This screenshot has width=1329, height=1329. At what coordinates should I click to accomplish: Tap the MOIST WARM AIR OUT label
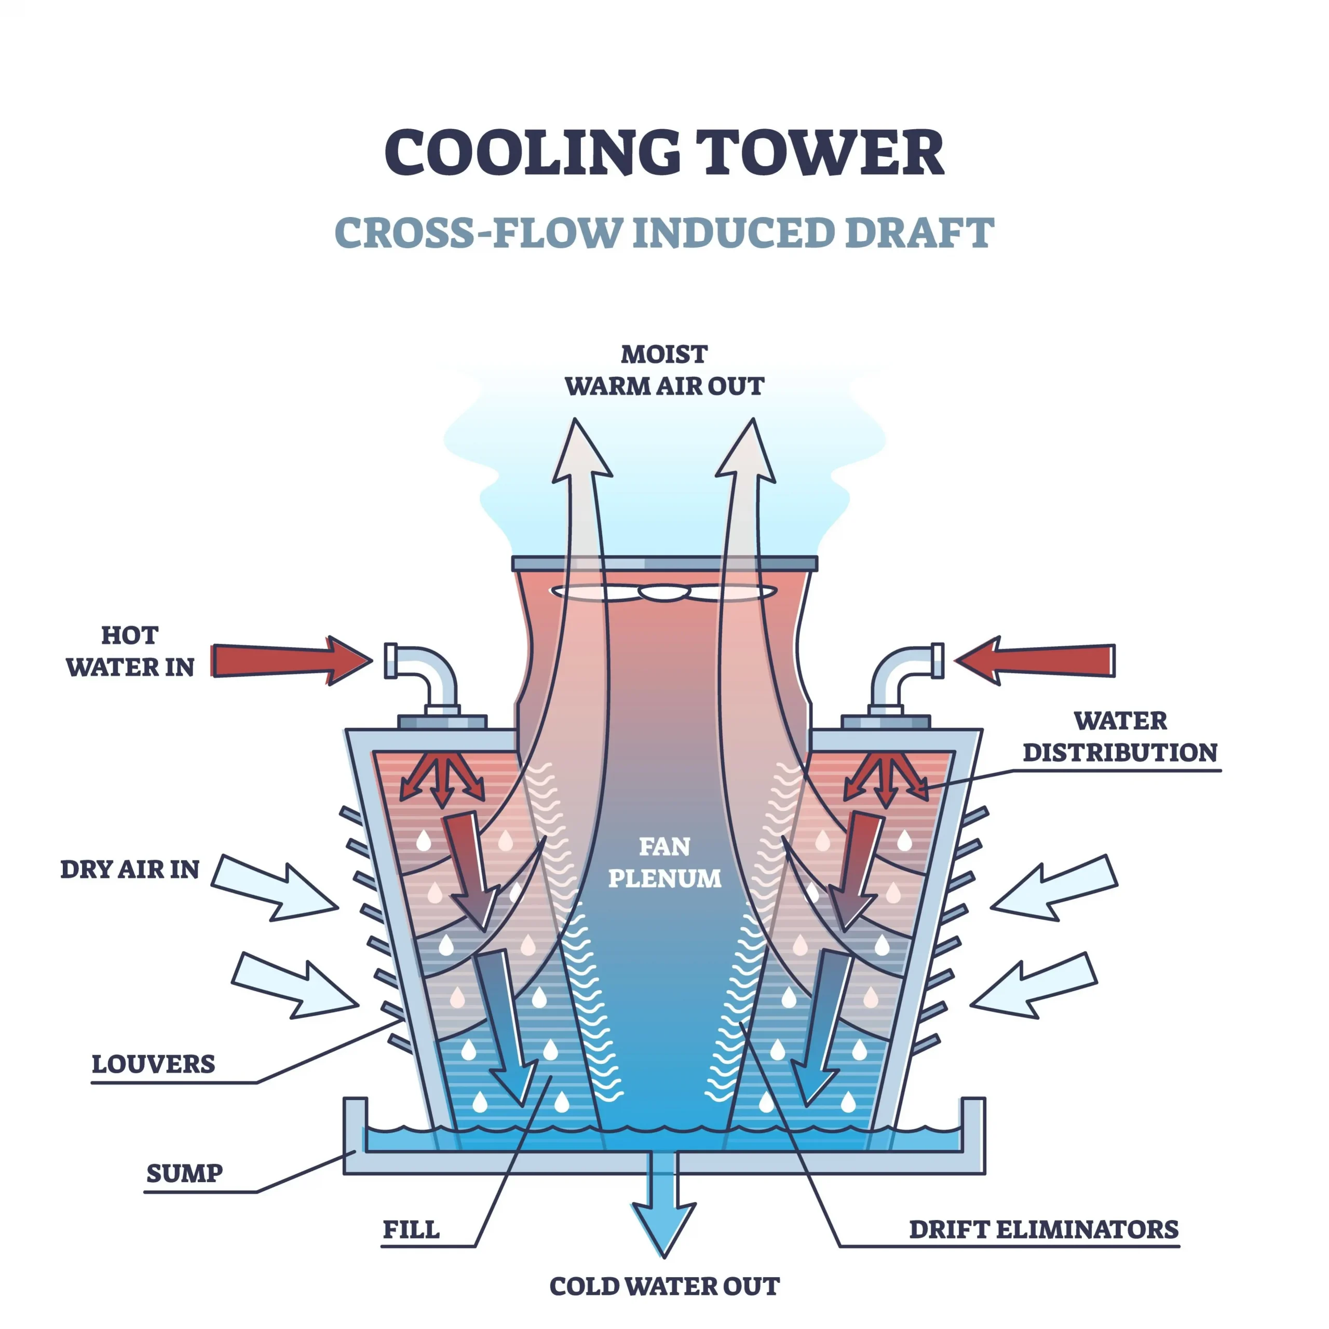(x=664, y=370)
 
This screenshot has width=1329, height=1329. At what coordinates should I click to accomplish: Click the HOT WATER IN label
(x=130, y=650)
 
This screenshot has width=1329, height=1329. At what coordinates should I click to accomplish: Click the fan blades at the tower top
(x=664, y=592)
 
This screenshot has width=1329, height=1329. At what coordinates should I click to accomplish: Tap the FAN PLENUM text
(x=664, y=862)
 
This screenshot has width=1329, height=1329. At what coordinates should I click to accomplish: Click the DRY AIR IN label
(x=130, y=870)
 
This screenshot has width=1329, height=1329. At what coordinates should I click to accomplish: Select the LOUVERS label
(x=153, y=1064)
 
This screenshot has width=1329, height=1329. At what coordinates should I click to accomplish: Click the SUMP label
(x=184, y=1173)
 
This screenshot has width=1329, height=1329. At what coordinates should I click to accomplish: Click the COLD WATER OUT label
(x=664, y=1286)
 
